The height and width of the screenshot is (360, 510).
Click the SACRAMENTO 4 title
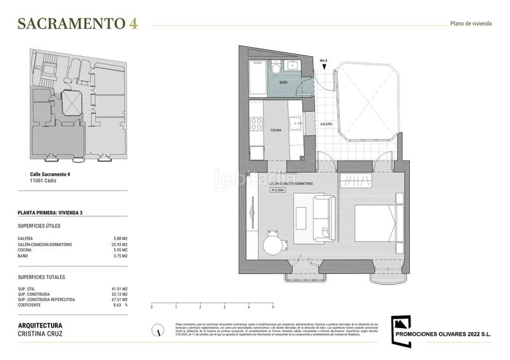click(x=77, y=24)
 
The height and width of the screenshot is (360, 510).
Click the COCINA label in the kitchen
click(x=276, y=130)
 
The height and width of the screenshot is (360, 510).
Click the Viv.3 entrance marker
click(x=323, y=61)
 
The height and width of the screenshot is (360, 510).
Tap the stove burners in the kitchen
click(x=256, y=124)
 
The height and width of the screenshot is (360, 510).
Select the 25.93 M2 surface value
click(x=119, y=245)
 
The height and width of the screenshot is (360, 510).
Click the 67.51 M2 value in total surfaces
click(x=119, y=299)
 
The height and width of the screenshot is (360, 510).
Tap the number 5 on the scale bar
click(x=273, y=307)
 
